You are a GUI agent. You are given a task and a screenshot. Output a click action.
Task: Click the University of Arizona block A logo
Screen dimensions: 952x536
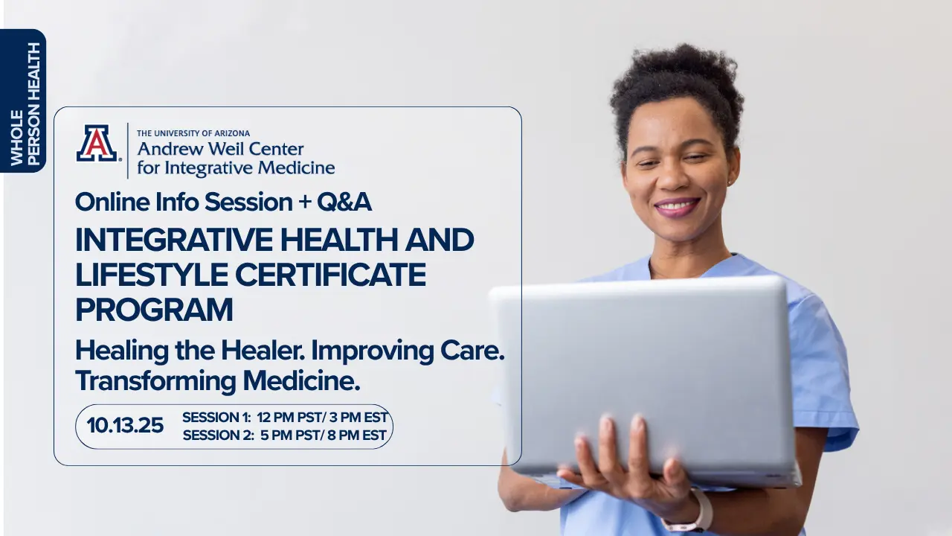pyautogui.click(x=97, y=143)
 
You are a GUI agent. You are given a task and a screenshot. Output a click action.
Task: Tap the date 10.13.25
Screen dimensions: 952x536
pyautogui.click(x=125, y=425)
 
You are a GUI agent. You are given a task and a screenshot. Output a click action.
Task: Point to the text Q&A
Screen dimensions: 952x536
pyautogui.click(x=344, y=202)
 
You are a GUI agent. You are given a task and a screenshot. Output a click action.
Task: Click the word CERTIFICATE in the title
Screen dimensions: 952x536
pyautogui.click(x=330, y=275)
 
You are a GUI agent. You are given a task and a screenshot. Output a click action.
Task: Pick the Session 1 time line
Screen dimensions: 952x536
pyautogui.click(x=285, y=418)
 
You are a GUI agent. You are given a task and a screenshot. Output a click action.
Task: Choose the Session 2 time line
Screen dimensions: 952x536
pyautogui.click(x=285, y=435)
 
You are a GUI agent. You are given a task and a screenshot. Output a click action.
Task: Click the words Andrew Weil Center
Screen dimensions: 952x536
pyautogui.click(x=221, y=149)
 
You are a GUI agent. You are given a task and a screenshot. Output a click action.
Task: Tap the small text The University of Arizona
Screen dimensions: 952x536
pyautogui.click(x=193, y=133)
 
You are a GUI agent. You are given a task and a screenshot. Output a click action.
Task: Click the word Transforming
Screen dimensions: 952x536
pyautogui.click(x=155, y=380)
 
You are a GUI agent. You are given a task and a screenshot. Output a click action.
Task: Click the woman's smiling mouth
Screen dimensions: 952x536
pyautogui.click(x=677, y=207)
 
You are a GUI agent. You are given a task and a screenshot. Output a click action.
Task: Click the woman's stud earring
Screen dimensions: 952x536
pyautogui.click(x=729, y=182)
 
